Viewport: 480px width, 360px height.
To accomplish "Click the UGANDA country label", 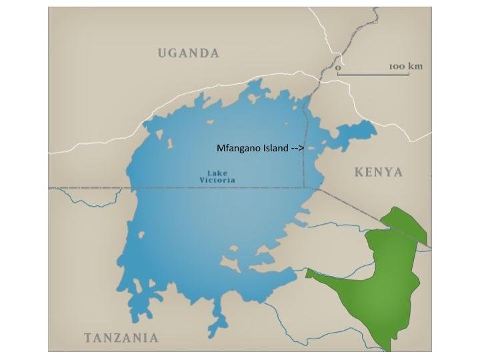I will tap(188, 53).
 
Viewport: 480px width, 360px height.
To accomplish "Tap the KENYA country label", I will tap(378, 173).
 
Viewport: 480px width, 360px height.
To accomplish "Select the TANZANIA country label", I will tap(121, 337).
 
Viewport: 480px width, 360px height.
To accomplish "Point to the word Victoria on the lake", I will tap(217, 181).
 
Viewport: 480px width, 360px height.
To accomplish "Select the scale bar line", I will tap(373, 73).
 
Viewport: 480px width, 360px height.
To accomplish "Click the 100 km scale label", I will tap(405, 67).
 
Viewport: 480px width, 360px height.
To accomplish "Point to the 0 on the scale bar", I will tap(338, 67).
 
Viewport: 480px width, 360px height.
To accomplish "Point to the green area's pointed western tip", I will tap(307, 272).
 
